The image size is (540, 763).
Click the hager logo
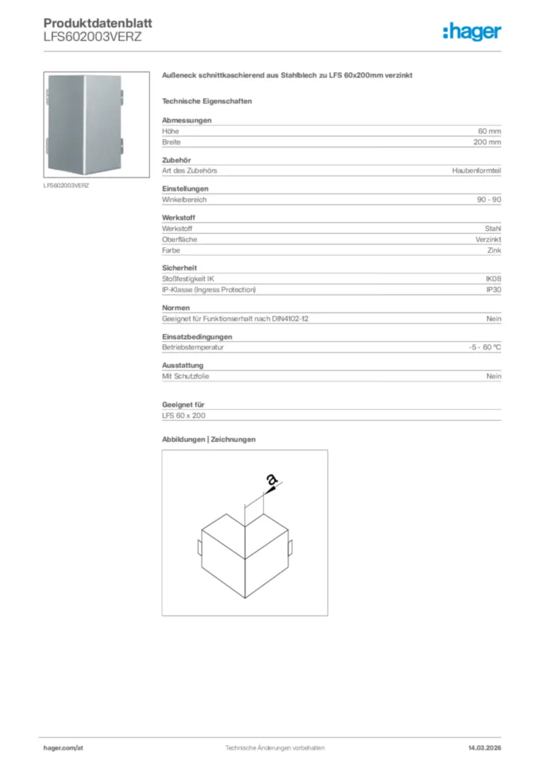471,32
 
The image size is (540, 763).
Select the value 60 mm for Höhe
489,131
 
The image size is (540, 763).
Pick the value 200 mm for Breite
487,142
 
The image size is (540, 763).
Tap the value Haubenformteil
477,171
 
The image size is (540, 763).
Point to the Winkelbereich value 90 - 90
489,200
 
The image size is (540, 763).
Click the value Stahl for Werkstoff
492,228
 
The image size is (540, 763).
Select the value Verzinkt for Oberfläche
489,239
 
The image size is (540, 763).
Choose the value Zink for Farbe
494,250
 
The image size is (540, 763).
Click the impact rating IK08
493,279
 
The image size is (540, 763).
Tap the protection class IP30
494,289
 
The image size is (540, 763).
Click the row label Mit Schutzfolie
186,376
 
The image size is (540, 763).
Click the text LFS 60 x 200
183,416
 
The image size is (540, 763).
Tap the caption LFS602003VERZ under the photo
66,185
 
